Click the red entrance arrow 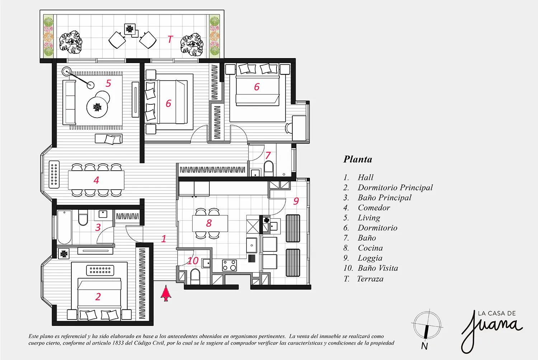(166, 293)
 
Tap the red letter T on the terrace (170, 39)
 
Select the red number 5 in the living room (108, 83)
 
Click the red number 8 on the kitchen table (209, 223)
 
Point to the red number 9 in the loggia (296, 201)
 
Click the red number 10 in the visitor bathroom (193, 261)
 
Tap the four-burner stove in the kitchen (230, 265)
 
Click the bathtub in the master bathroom (64, 227)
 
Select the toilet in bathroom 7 (269, 169)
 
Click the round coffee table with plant (97, 107)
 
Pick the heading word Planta (358, 159)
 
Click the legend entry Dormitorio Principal (395, 187)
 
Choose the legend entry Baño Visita (378, 268)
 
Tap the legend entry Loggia (370, 258)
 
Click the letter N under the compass (424, 346)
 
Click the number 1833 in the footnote (118, 343)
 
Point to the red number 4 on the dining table (96, 180)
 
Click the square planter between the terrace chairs (130, 29)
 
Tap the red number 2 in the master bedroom (98, 297)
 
